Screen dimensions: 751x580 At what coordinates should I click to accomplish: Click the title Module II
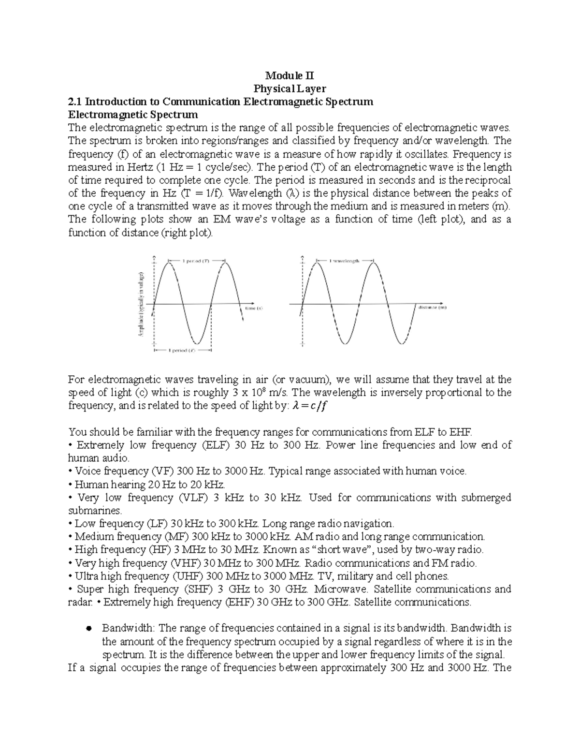(x=290, y=76)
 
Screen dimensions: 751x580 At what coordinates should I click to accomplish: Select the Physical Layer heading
(x=290, y=89)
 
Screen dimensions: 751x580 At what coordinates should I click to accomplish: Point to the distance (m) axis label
(x=432, y=307)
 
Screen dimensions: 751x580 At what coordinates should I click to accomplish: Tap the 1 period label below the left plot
(x=182, y=352)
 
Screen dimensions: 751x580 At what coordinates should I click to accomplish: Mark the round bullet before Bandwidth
(x=88, y=629)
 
